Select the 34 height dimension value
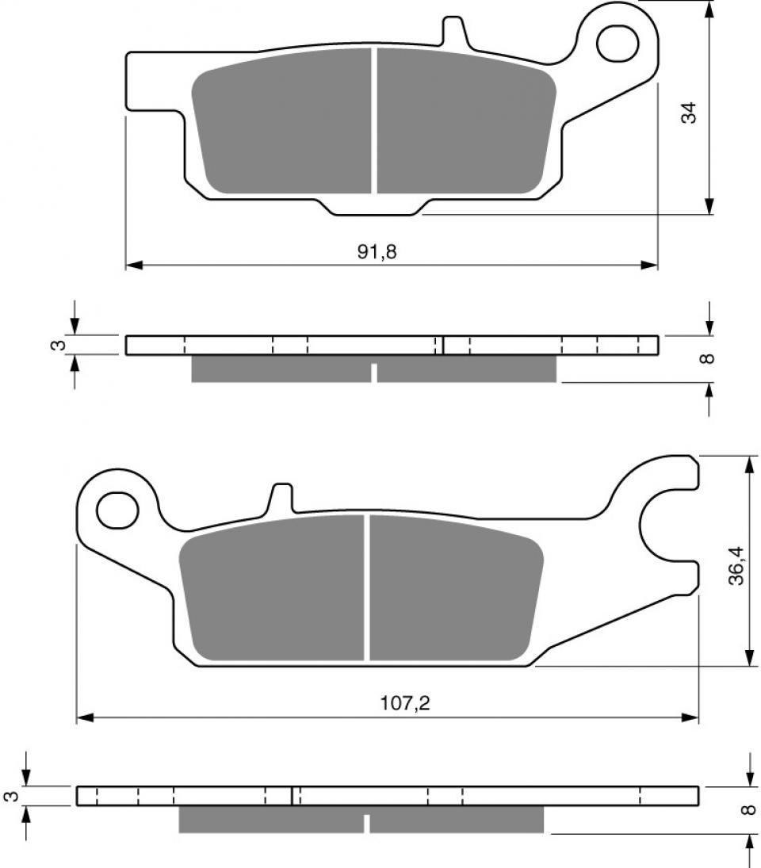[x=690, y=113]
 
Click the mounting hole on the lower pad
[x=117, y=508]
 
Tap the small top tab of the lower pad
[x=282, y=499]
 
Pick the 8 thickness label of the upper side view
[x=708, y=358]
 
